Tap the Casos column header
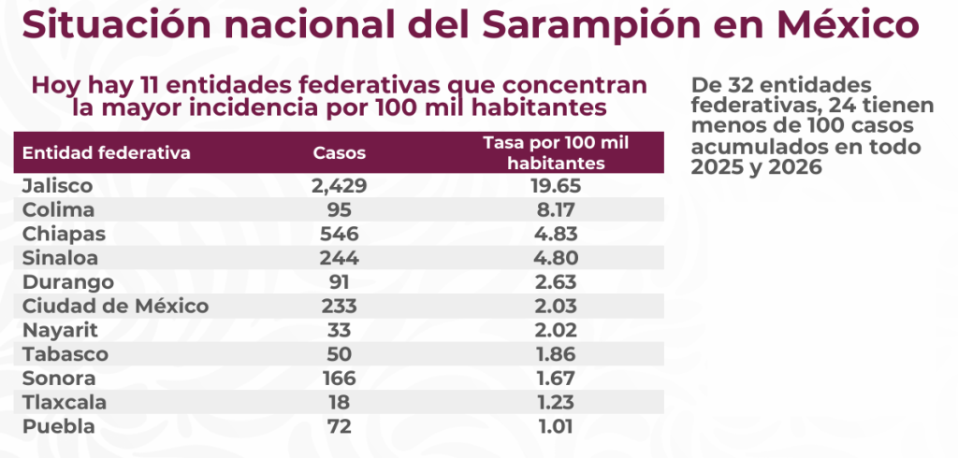coord(339,152)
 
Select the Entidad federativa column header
coord(107,152)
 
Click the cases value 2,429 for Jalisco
coord(339,185)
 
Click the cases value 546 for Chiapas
coord(339,234)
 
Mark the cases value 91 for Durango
coord(339,282)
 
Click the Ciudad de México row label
coord(115,307)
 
